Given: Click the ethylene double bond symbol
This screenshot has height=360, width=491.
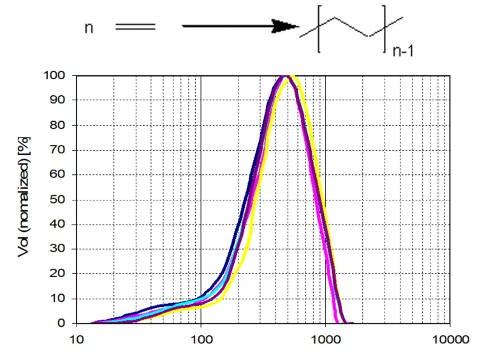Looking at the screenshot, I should tap(135, 27).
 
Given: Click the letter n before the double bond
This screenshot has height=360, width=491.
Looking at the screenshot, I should tap(90, 28).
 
